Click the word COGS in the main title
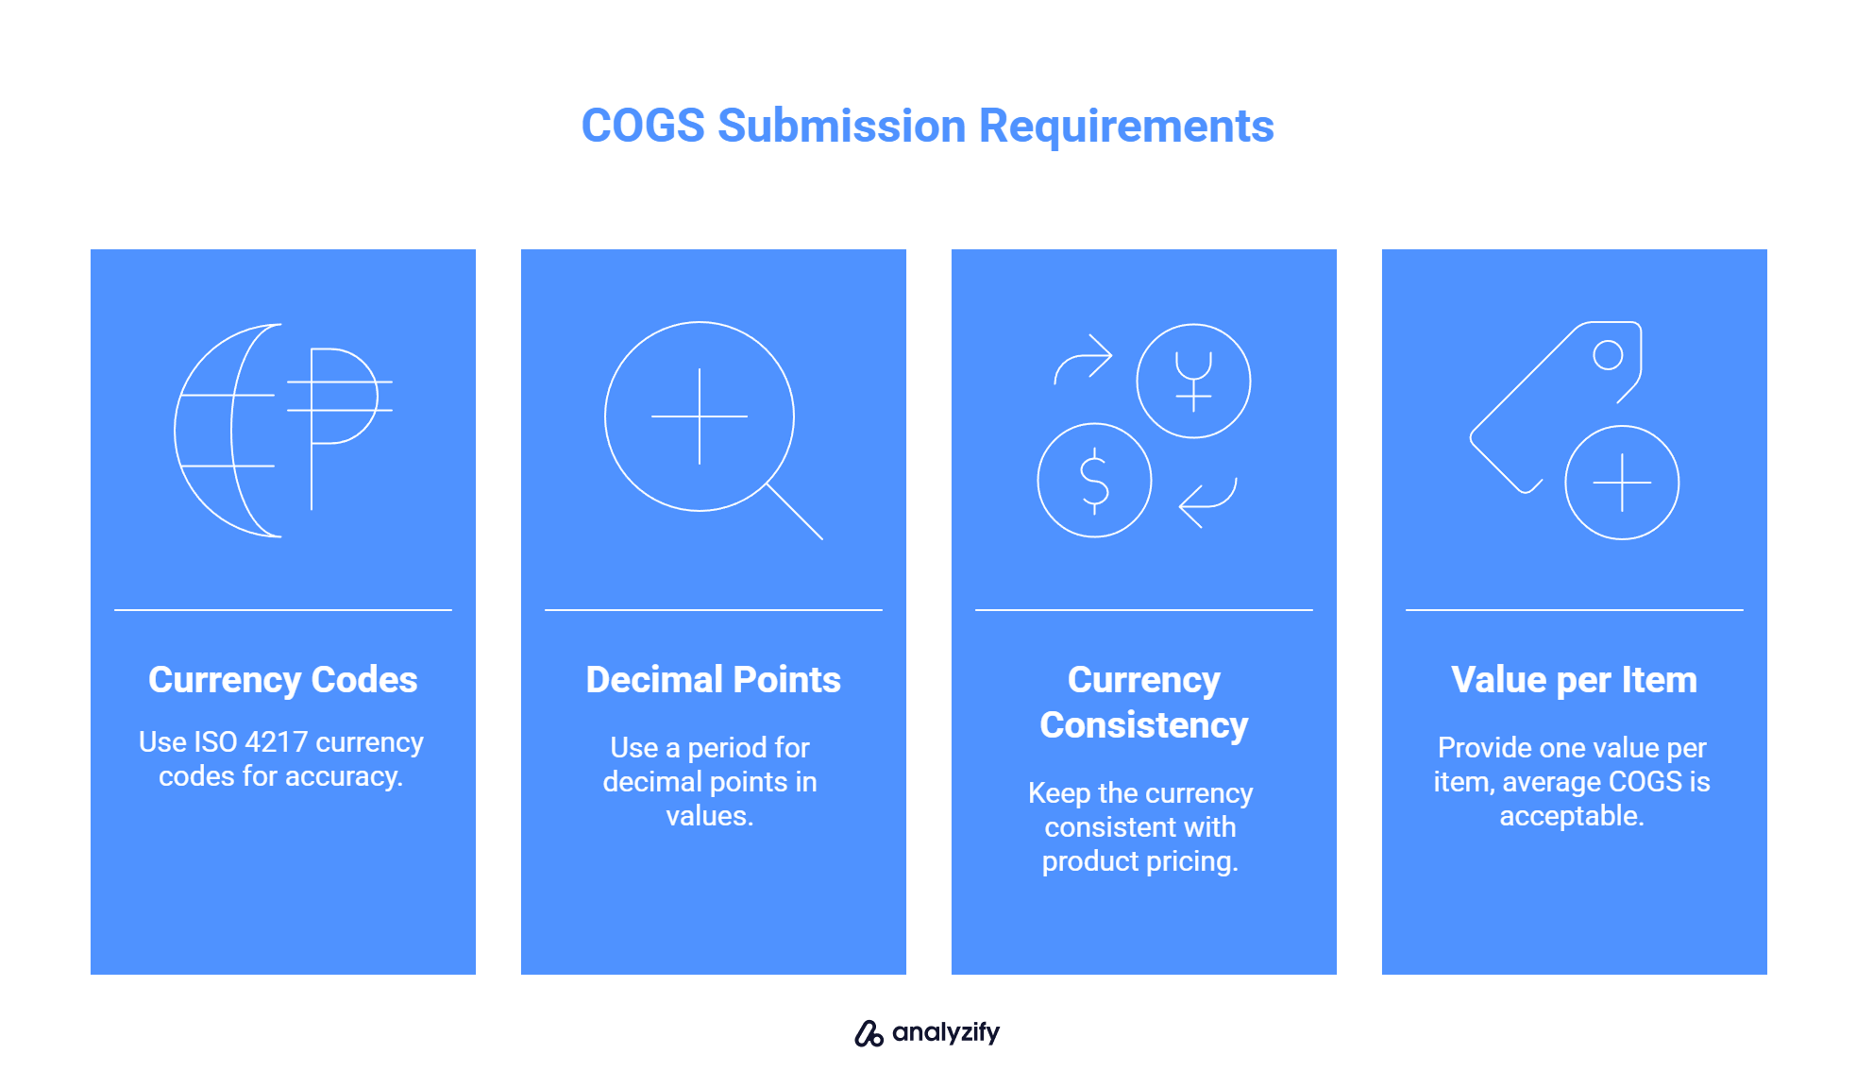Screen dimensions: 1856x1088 click(x=643, y=126)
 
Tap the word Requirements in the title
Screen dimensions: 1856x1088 click(x=1126, y=127)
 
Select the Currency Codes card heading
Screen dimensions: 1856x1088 click(x=283, y=680)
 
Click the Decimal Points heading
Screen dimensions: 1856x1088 click(x=714, y=680)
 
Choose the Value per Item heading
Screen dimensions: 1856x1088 click(x=1575, y=680)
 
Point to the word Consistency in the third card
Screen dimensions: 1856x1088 click(x=1144, y=725)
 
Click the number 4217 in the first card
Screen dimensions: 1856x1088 click(x=276, y=742)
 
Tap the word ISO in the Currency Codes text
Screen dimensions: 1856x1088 click(x=215, y=742)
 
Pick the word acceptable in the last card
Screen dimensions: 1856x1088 click(x=1572, y=816)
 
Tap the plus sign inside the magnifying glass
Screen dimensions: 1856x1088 click(x=700, y=416)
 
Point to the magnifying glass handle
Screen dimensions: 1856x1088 click(x=795, y=512)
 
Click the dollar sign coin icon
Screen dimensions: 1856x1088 click(x=1095, y=481)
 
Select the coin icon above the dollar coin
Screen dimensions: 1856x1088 click(x=1193, y=381)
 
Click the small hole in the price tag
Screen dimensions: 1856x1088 click(x=1608, y=355)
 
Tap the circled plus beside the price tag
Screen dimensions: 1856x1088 click(x=1622, y=483)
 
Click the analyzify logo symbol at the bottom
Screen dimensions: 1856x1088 click(x=869, y=1033)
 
